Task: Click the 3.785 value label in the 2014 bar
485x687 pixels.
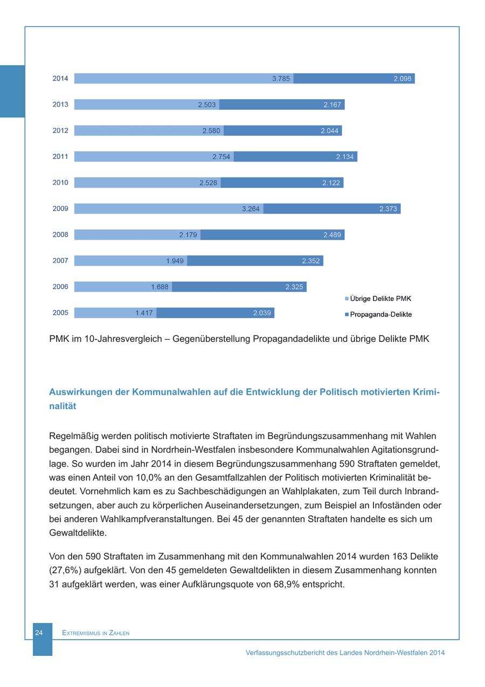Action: pos(281,79)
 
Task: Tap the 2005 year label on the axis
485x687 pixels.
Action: pos(60,313)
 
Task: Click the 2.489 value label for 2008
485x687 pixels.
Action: pos(332,235)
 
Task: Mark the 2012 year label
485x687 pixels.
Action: pos(60,131)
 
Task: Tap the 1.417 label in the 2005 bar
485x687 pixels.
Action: pos(144,313)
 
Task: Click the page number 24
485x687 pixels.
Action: pos(39,633)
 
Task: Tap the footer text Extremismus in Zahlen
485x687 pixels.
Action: pos(96,633)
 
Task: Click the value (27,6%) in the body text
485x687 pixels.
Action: pos(68,570)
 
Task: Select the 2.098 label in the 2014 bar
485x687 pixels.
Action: pos(403,79)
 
